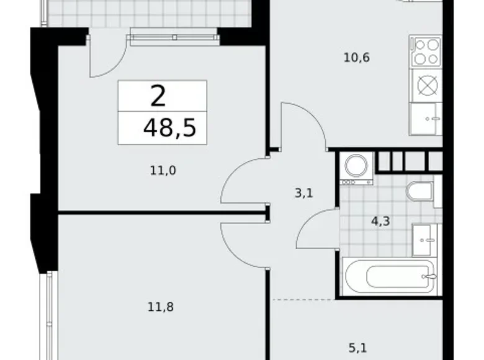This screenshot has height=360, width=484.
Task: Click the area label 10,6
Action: point(356,58)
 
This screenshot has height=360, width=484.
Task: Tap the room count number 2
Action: point(158,97)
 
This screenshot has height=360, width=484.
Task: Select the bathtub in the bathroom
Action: point(390,277)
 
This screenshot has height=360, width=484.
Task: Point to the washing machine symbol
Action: point(357,167)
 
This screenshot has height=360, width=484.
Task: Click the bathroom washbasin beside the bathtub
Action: point(426,239)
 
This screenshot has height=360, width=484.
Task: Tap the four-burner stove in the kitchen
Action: point(426,52)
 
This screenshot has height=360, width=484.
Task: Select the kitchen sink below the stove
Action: point(426,118)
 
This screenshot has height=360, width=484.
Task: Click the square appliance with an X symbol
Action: point(426,84)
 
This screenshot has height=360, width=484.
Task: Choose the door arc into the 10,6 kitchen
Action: point(302,124)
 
